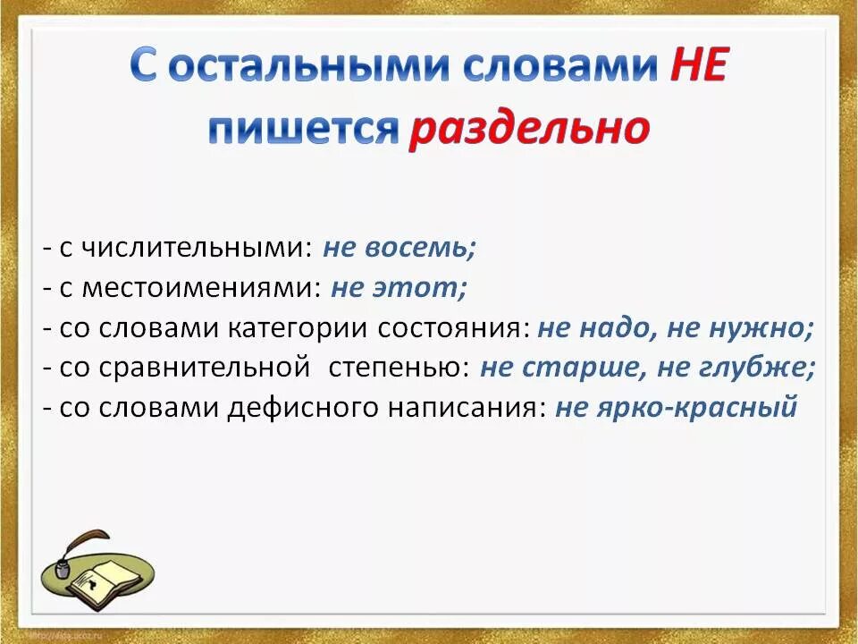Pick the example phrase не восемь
click(x=400, y=248)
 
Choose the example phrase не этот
click(x=399, y=288)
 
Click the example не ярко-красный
click(x=676, y=408)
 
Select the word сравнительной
click(x=214, y=368)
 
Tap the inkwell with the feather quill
click(x=68, y=559)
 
